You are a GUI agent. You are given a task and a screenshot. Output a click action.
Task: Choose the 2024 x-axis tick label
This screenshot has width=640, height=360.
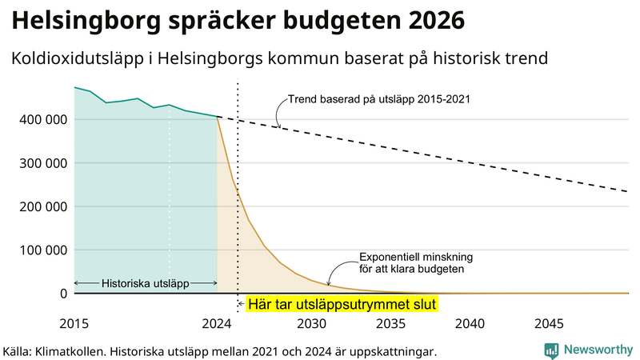pyautogui.click(x=217, y=324)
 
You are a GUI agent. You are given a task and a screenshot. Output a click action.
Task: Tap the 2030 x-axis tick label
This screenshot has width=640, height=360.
pyautogui.click(x=312, y=324)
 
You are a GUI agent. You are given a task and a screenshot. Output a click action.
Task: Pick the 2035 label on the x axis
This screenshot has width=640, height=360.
pyautogui.click(x=391, y=324)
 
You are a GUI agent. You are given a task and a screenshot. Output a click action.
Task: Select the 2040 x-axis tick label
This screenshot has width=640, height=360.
pyautogui.click(x=470, y=324)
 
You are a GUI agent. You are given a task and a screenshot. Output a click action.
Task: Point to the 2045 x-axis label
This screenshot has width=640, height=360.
pyautogui.click(x=549, y=324)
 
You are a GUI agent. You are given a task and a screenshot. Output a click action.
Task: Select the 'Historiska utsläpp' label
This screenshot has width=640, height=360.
pyautogui.click(x=145, y=283)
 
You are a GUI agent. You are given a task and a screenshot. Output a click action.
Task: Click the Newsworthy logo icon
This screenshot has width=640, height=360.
pyautogui.click(x=551, y=350)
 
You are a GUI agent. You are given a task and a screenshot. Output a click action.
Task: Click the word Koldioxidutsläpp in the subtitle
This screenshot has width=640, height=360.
pyautogui.click(x=78, y=59)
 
